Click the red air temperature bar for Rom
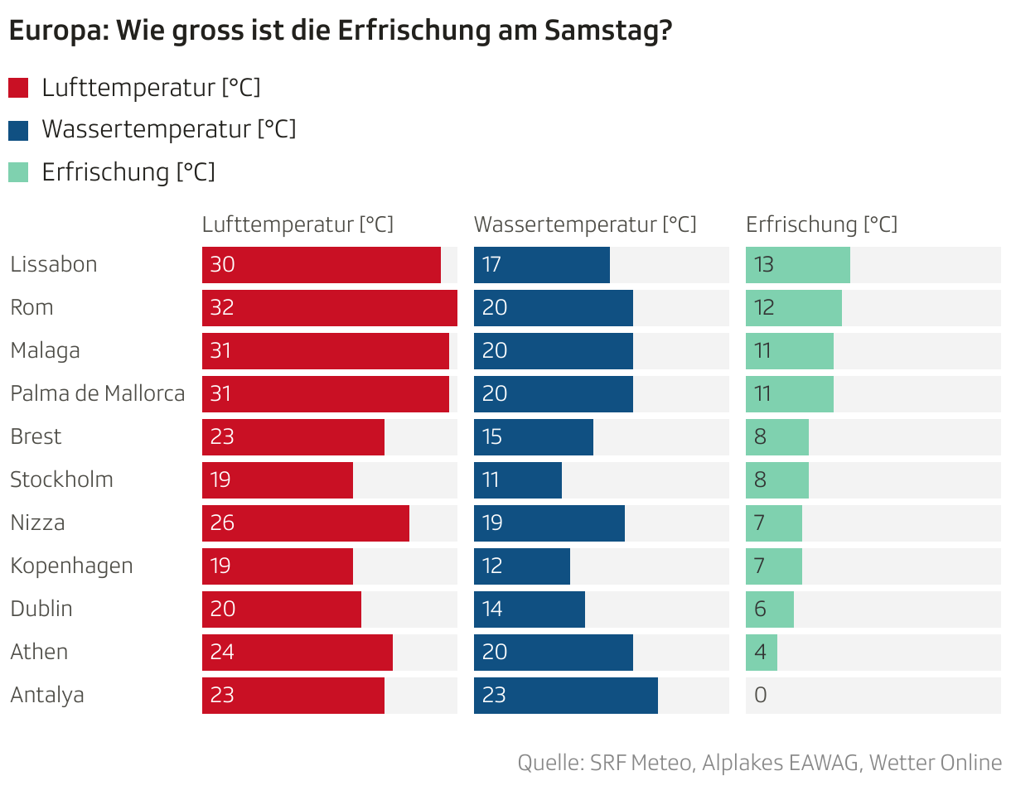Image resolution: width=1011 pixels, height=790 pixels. point(330,308)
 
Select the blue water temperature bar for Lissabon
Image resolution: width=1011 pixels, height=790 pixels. point(542,265)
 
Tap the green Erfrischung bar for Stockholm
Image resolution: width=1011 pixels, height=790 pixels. point(777,480)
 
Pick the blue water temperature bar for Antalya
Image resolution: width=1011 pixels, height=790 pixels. point(566,696)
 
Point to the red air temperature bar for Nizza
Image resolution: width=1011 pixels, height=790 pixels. point(306,523)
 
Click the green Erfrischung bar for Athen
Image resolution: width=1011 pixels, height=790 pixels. point(762,653)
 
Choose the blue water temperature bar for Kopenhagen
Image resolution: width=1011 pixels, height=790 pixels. point(522,566)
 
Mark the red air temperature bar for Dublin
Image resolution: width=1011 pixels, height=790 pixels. point(282,609)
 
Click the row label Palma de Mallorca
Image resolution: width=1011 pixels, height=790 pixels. point(98,393)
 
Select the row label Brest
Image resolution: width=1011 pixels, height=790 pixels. point(36,436)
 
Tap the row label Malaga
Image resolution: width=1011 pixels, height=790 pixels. point(46,350)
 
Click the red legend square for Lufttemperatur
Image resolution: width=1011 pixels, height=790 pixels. point(18,88)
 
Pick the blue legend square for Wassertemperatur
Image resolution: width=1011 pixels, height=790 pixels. point(18,130)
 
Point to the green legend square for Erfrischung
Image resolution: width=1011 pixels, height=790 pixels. point(18,172)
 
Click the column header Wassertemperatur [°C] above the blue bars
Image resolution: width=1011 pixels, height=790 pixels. point(585,224)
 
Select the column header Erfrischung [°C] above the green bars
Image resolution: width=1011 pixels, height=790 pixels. point(821,224)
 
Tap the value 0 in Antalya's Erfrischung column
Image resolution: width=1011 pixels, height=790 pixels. point(761,696)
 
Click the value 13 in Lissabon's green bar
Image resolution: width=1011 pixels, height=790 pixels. point(764,265)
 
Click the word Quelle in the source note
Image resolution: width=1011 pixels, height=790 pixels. point(548,763)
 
